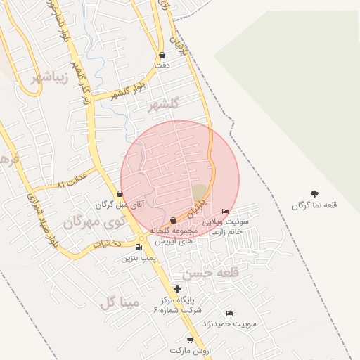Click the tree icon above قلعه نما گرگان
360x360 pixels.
pyautogui.click(x=314, y=194)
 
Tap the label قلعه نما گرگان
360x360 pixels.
pyautogui.click(x=315, y=205)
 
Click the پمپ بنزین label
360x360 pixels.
pyautogui.click(x=138, y=258)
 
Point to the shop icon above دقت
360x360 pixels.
pyautogui.click(x=162, y=55)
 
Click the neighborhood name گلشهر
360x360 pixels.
pyautogui.click(x=164, y=104)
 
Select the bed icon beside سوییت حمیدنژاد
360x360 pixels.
pyautogui.click(x=229, y=313)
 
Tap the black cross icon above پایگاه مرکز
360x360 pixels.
pyautogui.click(x=177, y=288)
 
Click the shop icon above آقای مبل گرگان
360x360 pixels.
pyautogui.click(x=120, y=193)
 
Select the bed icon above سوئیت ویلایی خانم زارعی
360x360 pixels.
pyautogui.click(x=225, y=211)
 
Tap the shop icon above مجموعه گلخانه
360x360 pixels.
pyautogui.click(x=173, y=221)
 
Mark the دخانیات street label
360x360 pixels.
pyautogui.click(x=107, y=243)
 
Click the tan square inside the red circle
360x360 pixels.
pyautogui.click(x=200, y=192)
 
